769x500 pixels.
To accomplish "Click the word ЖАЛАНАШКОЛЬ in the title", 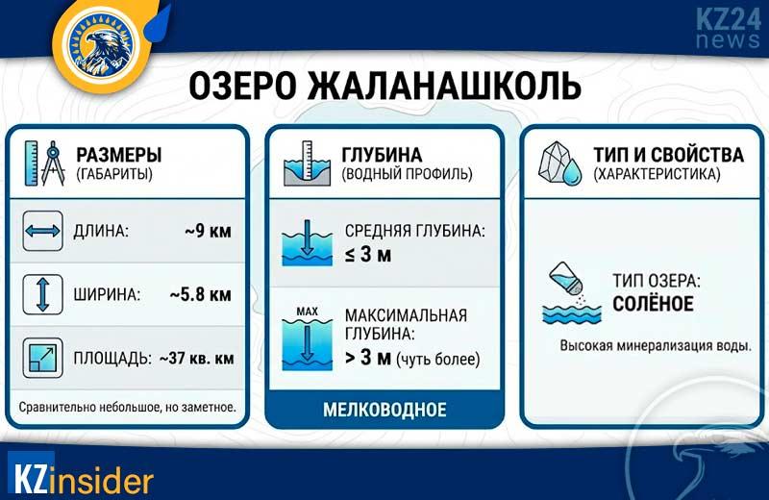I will [x=443, y=85].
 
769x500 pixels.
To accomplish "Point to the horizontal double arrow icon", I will [x=42, y=232].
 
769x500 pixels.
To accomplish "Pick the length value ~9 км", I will [x=208, y=232].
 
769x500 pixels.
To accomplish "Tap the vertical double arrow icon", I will [x=42, y=294].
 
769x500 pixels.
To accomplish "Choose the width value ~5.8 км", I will [x=200, y=294].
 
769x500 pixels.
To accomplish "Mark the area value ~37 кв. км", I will [x=194, y=358].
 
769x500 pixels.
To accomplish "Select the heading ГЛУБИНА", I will [x=382, y=155].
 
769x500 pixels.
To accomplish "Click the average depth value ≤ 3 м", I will [x=369, y=255].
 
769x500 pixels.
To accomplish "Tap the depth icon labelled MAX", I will [x=307, y=338].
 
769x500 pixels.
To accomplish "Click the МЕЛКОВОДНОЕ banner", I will [x=384, y=410].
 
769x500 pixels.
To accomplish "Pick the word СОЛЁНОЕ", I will [x=653, y=305].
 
